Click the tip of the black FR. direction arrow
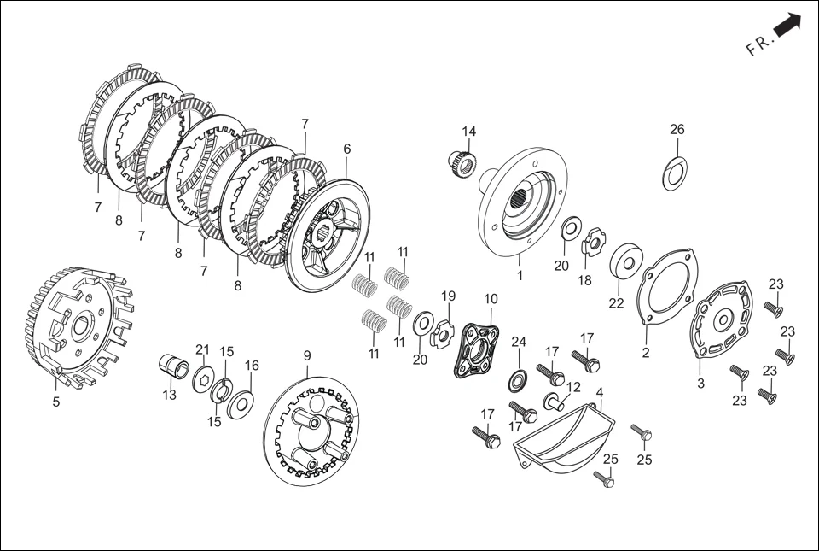[800, 15]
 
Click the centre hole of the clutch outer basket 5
[81, 326]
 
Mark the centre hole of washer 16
[241, 402]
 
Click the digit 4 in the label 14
[472, 131]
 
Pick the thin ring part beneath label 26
[675, 173]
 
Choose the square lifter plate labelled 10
[475, 349]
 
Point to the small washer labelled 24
[518, 381]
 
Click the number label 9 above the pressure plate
[307, 356]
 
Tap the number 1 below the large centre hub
[520, 275]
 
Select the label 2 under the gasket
[646, 353]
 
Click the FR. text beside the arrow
[759, 44]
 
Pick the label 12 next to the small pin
[573, 387]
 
